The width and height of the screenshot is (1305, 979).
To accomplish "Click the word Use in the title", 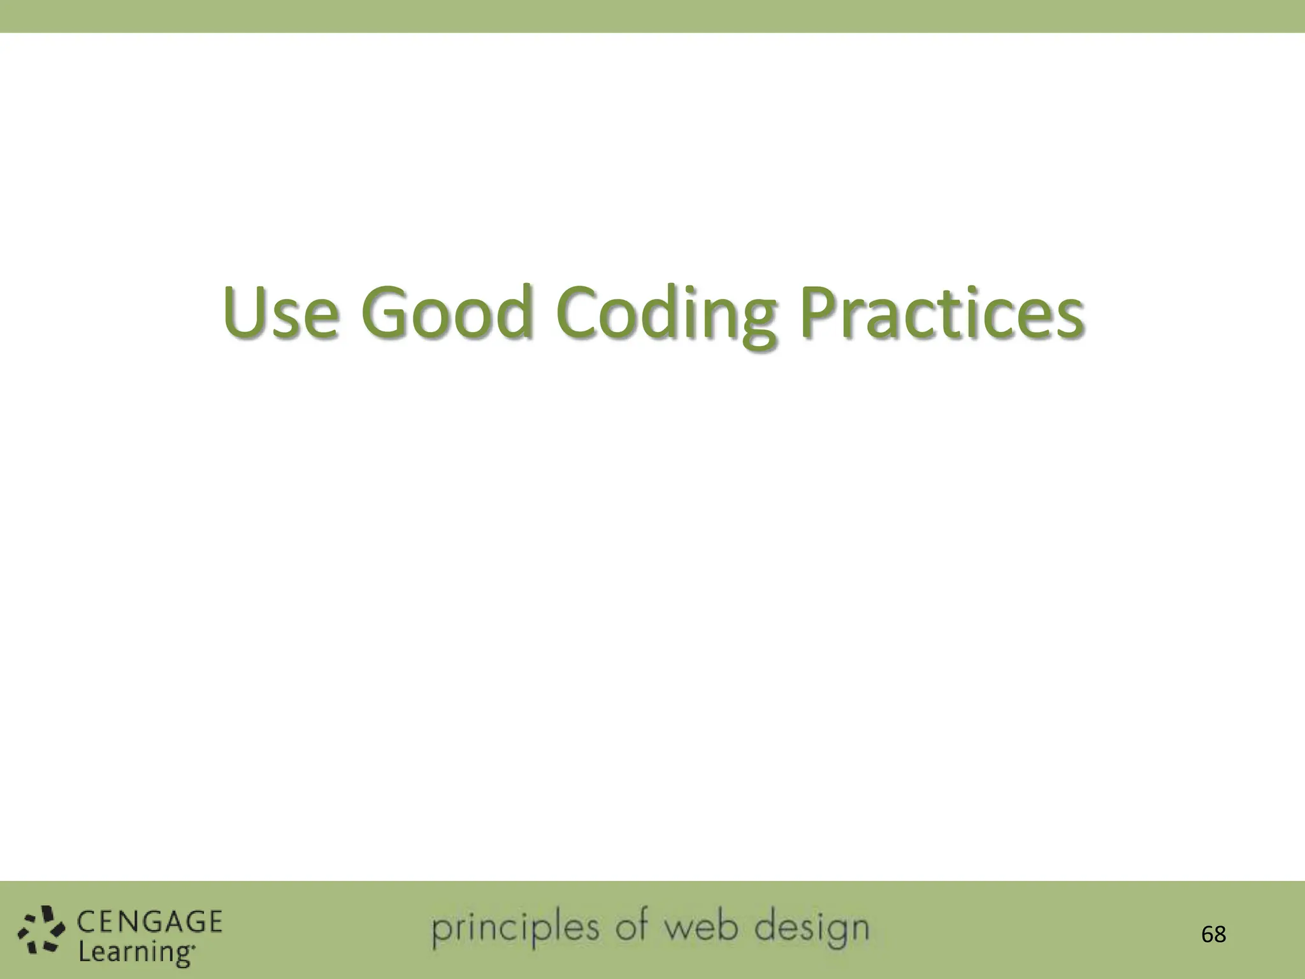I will [280, 312].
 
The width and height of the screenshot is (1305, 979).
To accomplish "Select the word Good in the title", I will [446, 312].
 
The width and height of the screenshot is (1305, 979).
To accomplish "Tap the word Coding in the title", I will [667, 315].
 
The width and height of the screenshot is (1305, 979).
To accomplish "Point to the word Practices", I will [941, 312].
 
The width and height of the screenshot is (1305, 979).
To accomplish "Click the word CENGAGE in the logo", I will [150, 922].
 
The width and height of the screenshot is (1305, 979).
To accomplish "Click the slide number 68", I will [1213, 934].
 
